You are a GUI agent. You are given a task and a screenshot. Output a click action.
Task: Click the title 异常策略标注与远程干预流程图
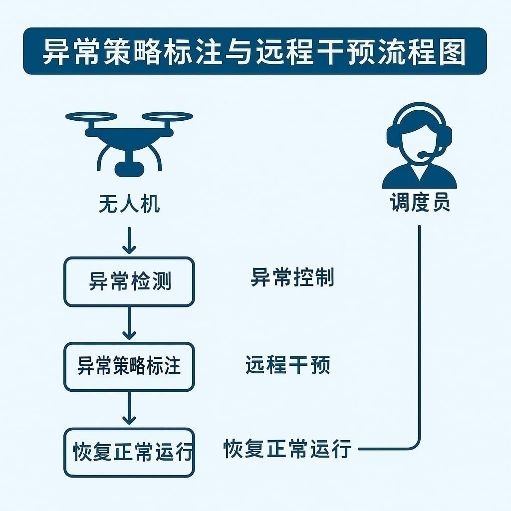255,51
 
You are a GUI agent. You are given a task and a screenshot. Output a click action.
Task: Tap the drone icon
129,142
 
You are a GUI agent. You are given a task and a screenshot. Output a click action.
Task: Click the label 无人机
129,204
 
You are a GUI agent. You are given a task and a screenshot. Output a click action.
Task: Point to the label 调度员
420,203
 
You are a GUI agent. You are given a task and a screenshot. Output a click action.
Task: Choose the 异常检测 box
129,281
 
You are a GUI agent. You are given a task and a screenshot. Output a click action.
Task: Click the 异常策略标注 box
129,367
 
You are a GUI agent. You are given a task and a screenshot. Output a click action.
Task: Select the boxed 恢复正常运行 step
129,452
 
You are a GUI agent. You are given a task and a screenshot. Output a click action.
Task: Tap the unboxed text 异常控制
292,278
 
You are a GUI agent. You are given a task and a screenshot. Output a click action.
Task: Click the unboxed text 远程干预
288,366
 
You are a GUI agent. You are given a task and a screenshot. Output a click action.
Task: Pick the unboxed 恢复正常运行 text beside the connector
288,449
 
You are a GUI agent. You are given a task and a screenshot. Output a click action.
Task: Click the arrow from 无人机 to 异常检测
129,241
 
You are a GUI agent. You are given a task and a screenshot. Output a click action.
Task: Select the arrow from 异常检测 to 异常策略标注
129,324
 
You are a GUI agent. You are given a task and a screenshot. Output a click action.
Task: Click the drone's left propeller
91,117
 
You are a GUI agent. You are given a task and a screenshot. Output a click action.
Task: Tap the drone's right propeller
167,117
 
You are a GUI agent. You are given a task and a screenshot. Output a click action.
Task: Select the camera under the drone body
129,168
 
